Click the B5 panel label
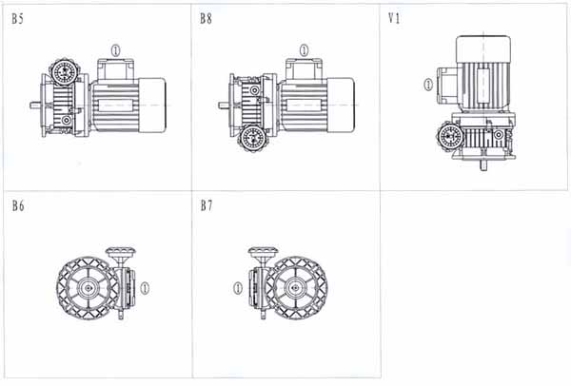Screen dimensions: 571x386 point(17,19)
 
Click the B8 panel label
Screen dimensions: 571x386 point(206,19)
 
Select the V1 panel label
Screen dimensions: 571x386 point(394,18)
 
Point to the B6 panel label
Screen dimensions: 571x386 point(18,206)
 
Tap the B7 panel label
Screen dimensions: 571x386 point(207,206)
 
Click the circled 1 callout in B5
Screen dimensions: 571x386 point(115,50)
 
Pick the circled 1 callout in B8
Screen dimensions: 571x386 point(304,50)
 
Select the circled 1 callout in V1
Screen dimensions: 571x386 point(428,85)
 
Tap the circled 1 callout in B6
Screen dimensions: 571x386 point(145,288)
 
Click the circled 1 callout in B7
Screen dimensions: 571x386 point(237,288)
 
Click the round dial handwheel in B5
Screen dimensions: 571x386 point(65,71)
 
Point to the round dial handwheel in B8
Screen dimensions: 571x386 point(253,138)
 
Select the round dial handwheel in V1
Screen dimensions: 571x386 point(450,136)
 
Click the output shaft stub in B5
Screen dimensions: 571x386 point(35,106)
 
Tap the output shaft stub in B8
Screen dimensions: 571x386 point(224,106)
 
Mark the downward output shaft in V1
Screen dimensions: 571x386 point(483,164)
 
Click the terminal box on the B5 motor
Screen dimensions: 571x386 point(115,69)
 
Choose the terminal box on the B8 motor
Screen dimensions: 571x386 point(304,69)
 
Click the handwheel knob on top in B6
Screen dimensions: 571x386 point(121,252)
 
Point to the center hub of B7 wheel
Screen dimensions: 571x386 point(295,288)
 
